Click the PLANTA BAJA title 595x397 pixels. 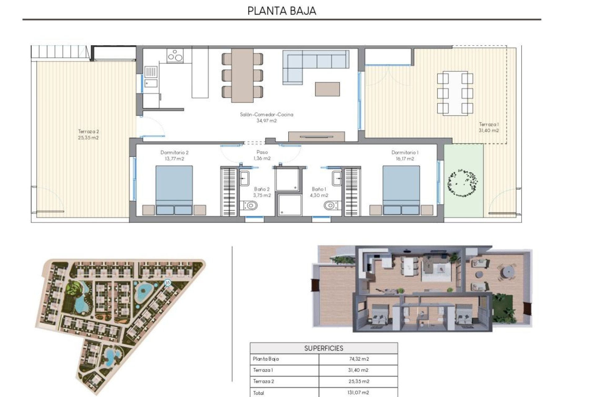tap(282, 11)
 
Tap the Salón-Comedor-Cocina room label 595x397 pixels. tap(267, 114)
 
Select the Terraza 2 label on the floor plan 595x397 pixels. tap(88, 132)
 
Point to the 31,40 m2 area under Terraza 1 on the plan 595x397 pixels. tap(489, 131)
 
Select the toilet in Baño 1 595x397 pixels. tap(330, 205)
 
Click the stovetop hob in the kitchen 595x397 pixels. tap(175, 56)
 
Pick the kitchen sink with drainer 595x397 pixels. tap(151, 77)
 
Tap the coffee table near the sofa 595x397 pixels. tap(327, 89)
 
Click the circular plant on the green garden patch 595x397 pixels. tap(462, 183)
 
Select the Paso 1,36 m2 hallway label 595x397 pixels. tap(262, 155)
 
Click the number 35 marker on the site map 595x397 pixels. tap(168, 283)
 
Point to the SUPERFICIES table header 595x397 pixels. tap(324, 348)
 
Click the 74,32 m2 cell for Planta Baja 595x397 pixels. tap(359, 359)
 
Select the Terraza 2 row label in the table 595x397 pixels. tap(263, 381)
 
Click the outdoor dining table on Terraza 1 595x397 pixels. tap(455, 93)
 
